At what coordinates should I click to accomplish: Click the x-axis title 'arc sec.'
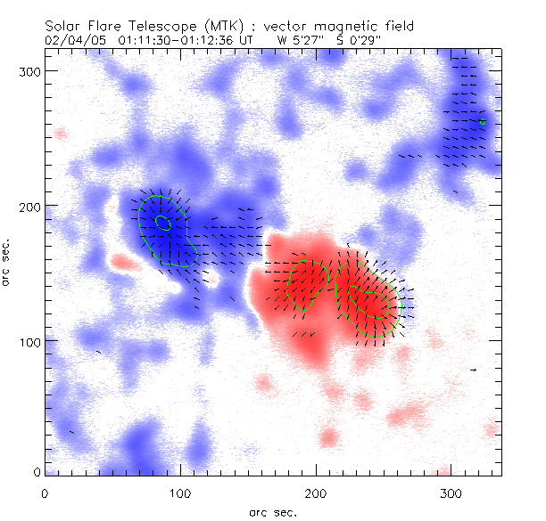[x=273, y=512]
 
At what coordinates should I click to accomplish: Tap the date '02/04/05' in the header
[x=72, y=40]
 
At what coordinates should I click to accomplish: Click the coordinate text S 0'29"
[x=353, y=40]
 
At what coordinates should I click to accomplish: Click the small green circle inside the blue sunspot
[x=162, y=222]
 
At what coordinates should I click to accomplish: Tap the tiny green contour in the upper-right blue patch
[x=483, y=122]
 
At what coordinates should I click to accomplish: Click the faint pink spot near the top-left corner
[x=60, y=134]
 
